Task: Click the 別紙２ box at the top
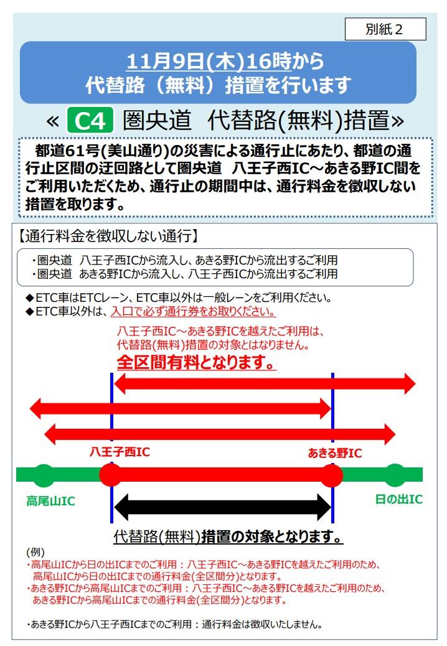(x=385, y=29)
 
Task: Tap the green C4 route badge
(x=90, y=121)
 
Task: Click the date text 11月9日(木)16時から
(x=225, y=62)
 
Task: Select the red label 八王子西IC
(x=120, y=452)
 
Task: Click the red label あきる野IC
(x=335, y=453)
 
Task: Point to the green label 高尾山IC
(x=50, y=501)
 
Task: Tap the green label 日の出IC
(x=399, y=499)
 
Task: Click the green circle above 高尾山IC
(x=43, y=475)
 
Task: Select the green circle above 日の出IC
(x=395, y=475)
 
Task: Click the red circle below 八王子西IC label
(x=111, y=475)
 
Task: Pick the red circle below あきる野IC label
(x=331, y=475)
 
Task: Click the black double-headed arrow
(x=222, y=507)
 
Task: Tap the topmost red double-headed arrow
(x=265, y=384)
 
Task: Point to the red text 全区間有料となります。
(x=197, y=363)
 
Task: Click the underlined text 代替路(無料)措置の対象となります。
(x=228, y=536)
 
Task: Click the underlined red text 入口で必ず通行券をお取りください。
(x=193, y=311)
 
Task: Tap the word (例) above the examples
(x=35, y=552)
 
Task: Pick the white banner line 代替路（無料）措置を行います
(x=219, y=85)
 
